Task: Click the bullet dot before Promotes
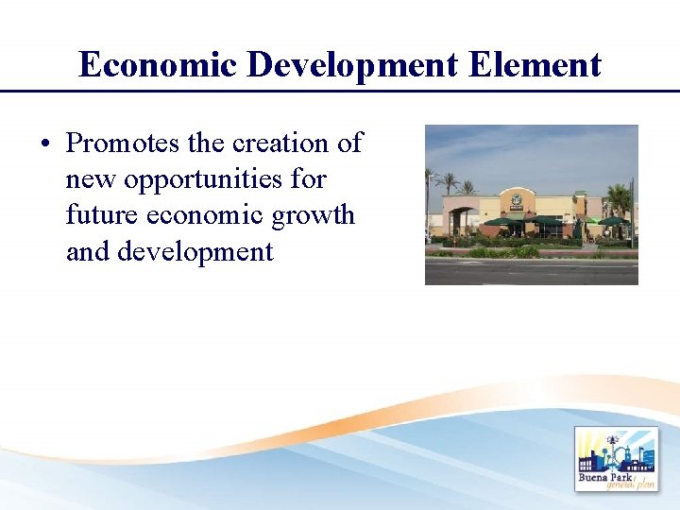(45, 144)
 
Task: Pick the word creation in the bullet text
(282, 144)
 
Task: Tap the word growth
(313, 215)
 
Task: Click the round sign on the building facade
(517, 200)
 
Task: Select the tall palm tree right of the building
(620, 201)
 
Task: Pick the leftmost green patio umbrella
(499, 222)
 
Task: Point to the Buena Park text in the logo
(604, 476)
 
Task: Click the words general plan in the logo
(632, 484)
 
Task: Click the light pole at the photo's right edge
(632, 212)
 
